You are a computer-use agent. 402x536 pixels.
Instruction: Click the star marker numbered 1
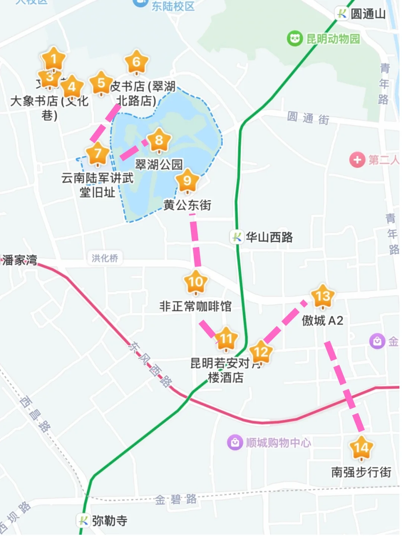click(54, 59)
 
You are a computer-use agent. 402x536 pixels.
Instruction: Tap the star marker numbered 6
click(137, 62)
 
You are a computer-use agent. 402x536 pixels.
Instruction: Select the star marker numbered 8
click(159, 140)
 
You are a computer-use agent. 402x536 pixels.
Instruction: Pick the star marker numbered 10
click(196, 282)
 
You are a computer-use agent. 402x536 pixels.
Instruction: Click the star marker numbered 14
click(361, 448)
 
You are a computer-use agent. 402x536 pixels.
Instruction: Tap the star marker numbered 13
click(322, 296)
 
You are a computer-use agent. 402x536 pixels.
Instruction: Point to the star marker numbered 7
click(98, 154)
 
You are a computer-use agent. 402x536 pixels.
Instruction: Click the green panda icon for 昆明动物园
click(294, 38)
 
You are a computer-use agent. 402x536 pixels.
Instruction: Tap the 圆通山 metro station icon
click(342, 14)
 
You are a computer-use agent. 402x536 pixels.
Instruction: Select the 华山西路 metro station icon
click(237, 237)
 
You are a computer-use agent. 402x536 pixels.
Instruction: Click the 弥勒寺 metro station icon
click(83, 520)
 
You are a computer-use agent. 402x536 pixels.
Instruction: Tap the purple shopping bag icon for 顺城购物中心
click(235, 442)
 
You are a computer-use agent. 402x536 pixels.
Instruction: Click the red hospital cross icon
click(357, 160)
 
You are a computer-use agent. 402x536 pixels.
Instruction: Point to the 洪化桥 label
click(105, 258)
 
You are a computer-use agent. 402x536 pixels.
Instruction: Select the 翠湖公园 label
click(159, 165)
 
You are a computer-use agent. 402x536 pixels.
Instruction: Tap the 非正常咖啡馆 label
click(195, 306)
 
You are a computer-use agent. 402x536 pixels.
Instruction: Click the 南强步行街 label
click(361, 472)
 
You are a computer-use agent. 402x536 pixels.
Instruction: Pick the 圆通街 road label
click(308, 118)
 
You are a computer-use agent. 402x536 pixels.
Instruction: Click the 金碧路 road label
click(176, 499)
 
